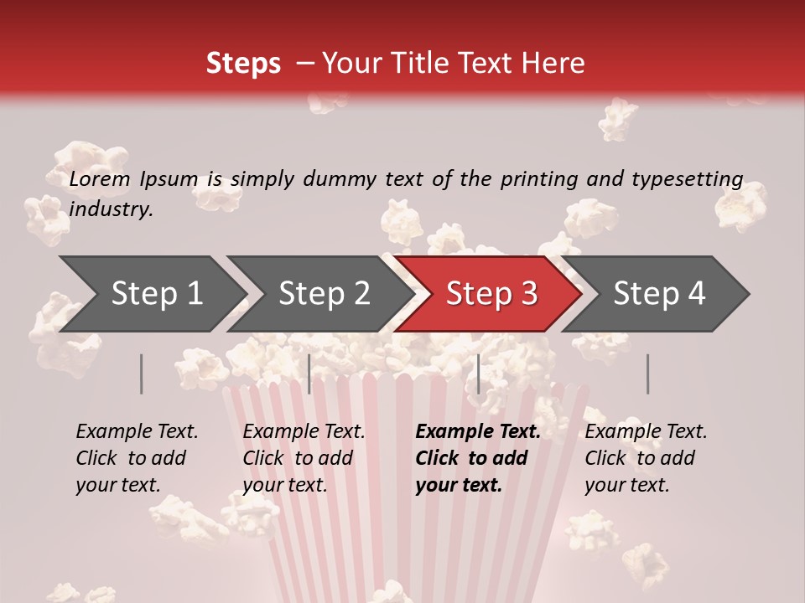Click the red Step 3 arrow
[x=491, y=294]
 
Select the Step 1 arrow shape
[x=157, y=294]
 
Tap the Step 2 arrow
[x=324, y=294]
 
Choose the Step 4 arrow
[x=659, y=294]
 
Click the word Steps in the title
[x=243, y=64]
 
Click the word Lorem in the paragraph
[x=100, y=178]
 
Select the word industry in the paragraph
[x=111, y=209]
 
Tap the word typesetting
[x=682, y=178]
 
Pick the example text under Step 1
[x=137, y=457]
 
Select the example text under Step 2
[x=304, y=457]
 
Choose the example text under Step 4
[x=646, y=457]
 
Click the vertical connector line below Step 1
[x=142, y=374]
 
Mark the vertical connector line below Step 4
[x=647, y=374]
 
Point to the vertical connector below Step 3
[x=478, y=374]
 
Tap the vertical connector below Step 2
[x=309, y=374]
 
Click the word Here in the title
[x=553, y=64]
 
